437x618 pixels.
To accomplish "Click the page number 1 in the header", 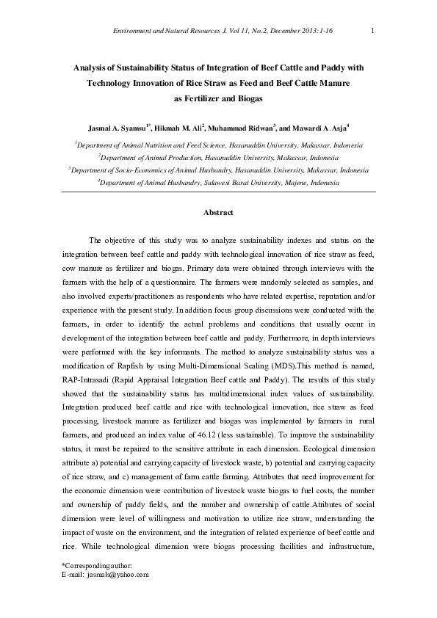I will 374,29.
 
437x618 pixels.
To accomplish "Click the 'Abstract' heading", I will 218,213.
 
